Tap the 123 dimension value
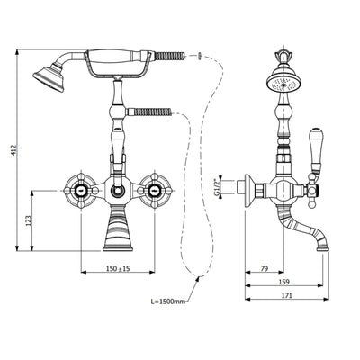pos(29,220)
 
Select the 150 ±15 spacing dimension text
pos(118,268)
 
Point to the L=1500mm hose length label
pos(167,301)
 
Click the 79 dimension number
pos(264,268)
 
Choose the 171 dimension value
pos(287,295)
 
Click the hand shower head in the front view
pos(49,76)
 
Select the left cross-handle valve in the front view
pos(81,191)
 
